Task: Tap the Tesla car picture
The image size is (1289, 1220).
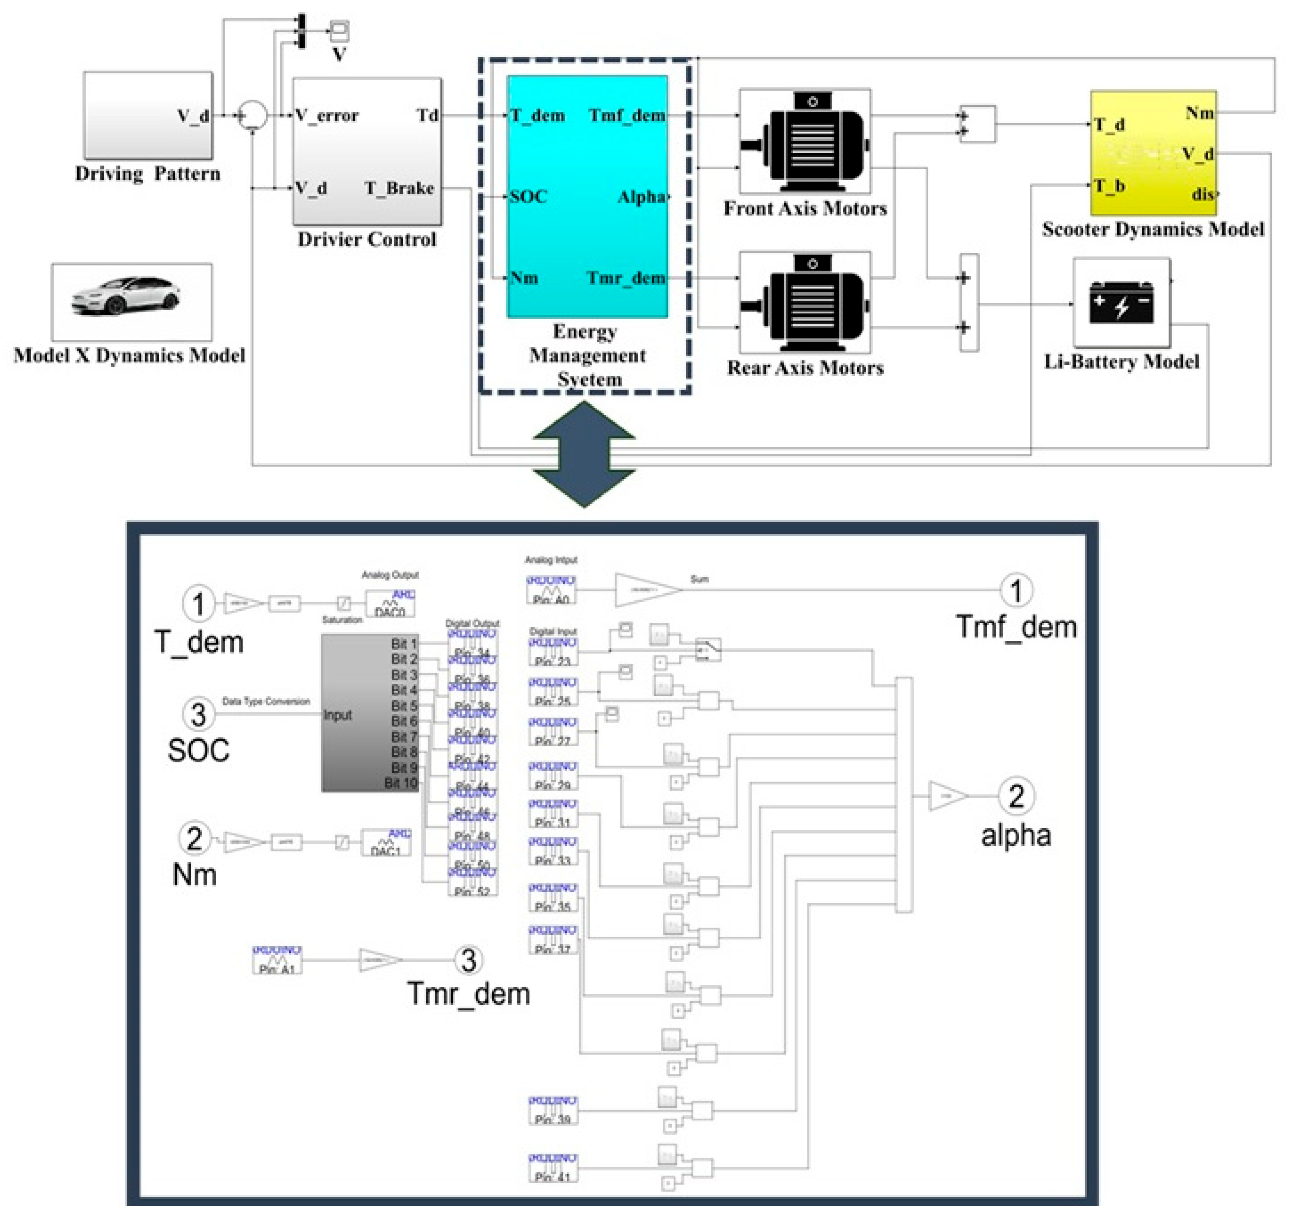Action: tap(126, 297)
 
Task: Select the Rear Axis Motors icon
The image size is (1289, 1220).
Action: tap(806, 302)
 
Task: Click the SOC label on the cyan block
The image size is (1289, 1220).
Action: tap(528, 196)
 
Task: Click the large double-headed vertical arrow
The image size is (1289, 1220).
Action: tap(584, 454)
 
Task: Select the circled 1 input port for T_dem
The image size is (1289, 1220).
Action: tap(198, 604)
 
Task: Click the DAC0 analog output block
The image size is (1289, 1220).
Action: tap(390, 604)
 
